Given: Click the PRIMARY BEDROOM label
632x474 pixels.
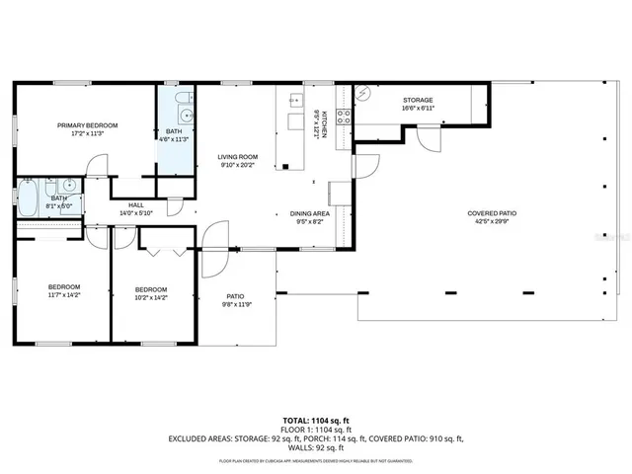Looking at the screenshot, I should tap(87, 125).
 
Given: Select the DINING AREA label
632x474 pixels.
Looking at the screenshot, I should tap(309, 214).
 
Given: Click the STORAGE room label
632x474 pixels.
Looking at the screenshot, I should tap(418, 101).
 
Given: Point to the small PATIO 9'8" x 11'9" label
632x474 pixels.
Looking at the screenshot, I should tap(235, 300).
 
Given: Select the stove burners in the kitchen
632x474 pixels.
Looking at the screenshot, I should tap(344, 118).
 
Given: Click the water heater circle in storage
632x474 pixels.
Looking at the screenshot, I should tap(362, 95).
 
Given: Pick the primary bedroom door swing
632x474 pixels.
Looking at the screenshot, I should tap(96, 166).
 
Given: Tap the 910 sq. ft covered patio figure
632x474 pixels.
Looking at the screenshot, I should tap(442, 437).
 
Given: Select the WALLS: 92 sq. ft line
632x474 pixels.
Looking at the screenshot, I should tap(315, 446).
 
